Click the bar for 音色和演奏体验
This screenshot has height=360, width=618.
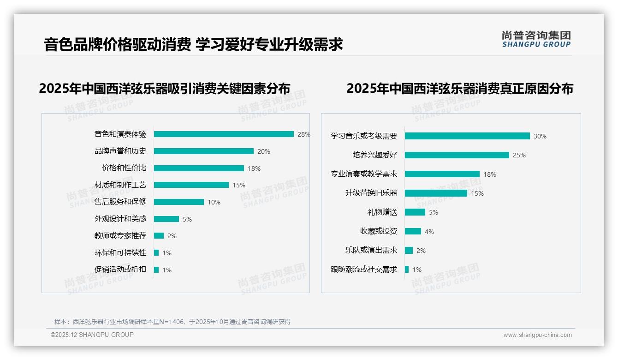tap(224, 134)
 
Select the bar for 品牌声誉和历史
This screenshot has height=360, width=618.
tap(203, 151)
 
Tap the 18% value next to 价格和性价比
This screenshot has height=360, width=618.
tap(254, 168)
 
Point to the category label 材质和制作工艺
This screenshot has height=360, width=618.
tap(120, 185)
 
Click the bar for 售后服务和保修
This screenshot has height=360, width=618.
tap(178, 202)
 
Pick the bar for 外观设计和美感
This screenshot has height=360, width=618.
tap(166, 219)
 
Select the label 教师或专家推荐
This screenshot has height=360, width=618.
tap(120, 236)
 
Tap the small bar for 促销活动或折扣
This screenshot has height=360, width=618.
tap(156, 270)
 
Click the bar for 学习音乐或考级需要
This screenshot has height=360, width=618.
tap(467, 136)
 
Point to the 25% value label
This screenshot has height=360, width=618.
tap(519, 155)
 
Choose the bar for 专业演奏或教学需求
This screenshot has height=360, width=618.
tap(442, 174)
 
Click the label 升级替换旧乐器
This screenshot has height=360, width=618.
tap(371, 193)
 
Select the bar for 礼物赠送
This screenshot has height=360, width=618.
tap(415, 212)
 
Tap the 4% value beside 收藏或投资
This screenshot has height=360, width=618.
tap(429, 232)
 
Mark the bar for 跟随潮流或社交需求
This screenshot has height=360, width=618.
tap(407, 269)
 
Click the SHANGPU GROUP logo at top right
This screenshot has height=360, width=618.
tap(536, 39)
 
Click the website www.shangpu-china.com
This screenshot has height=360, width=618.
tap(537, 335)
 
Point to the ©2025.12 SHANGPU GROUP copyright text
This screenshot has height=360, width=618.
tap(92, 335)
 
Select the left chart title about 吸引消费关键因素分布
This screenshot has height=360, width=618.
tap(165, 89)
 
